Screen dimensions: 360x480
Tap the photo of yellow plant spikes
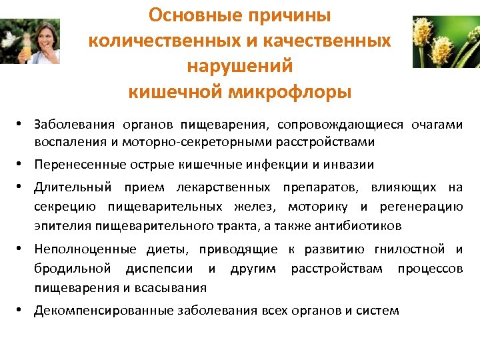[x=446, y=41]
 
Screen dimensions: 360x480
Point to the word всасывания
[x=175, y=287]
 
